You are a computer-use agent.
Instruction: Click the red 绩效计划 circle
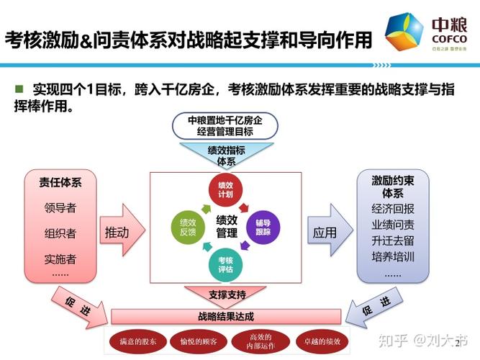[x=226, y=189]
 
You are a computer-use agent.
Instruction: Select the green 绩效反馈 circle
[x=189, y=227]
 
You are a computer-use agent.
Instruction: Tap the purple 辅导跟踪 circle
[x=263, y=227]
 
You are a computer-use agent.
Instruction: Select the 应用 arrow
[x=327, y=233]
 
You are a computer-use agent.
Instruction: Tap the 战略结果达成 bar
[x=226, y=316]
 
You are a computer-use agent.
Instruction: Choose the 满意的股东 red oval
[x=137, y=341]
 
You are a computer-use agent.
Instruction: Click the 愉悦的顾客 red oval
[x=199, y=341]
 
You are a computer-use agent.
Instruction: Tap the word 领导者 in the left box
[x=60, y=208]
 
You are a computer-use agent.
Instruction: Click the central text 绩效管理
[x=226, y=227]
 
